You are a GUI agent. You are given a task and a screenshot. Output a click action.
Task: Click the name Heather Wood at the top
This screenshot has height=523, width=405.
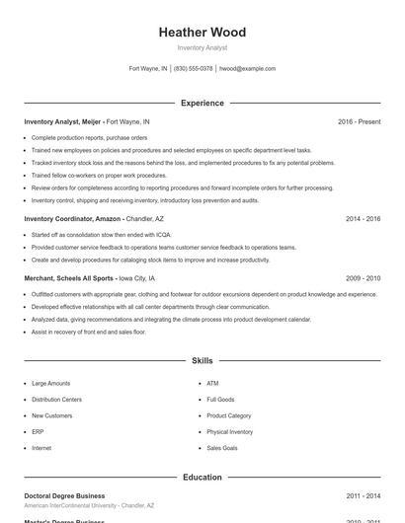[x=202, y=32]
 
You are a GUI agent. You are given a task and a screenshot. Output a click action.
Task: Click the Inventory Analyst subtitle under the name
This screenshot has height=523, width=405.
[x=202, y=47]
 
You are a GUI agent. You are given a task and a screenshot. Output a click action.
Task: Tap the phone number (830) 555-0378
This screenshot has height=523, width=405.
[x=194, y=69]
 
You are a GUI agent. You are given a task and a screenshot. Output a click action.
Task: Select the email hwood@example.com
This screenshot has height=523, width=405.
[x=247, y=69]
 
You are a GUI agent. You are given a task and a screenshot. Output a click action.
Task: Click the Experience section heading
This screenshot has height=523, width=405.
[x=202, y=103]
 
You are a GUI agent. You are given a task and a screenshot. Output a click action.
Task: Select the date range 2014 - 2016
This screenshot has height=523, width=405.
[x=363, y=218]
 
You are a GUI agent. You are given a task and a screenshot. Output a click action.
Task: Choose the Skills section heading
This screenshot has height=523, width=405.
[x=202, y=361]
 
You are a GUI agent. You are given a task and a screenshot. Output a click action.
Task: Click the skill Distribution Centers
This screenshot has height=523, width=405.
[x=56, y=400]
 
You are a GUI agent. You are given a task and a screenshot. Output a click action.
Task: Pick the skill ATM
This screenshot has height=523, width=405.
[x=212, y=383]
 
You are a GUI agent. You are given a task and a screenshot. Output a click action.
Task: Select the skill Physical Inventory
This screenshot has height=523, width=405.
[x=229, y=432]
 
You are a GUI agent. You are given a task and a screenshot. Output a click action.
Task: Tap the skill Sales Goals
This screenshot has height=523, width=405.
[x=221, y=448]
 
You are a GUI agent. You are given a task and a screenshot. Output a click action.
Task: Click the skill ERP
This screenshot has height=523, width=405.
[x=38, y=432]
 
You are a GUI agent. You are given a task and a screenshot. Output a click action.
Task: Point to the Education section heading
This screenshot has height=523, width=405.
[x=202, y=477]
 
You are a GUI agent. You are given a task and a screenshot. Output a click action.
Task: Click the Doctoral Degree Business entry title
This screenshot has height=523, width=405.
[x=64, y=495]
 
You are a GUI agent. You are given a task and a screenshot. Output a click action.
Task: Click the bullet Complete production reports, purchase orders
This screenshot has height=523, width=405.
[x=89, y=138]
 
